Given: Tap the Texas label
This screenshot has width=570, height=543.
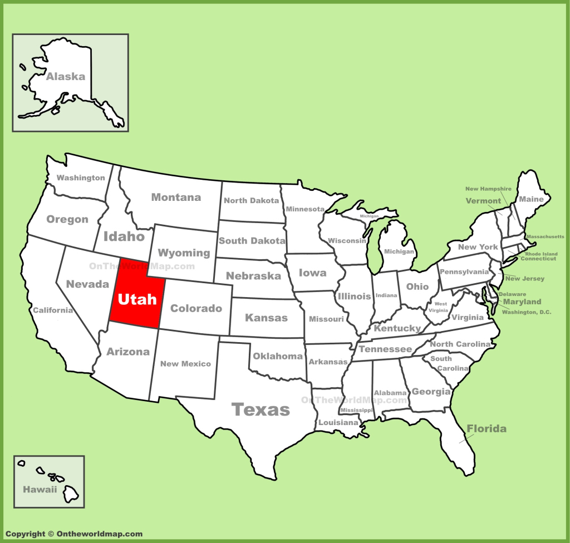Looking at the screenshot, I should [x=261, y=410].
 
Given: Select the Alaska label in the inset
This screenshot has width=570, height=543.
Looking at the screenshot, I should [x=66, y=77].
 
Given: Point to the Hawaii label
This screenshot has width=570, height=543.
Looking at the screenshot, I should [x=40, y=490].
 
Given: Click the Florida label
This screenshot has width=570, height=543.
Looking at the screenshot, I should [x=487, y=429].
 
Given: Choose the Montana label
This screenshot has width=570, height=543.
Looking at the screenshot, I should [x=176, y=198].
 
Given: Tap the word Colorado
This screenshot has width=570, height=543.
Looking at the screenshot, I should [x=196, y=308].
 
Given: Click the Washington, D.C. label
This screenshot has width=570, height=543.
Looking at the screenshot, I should [x=526, y=312].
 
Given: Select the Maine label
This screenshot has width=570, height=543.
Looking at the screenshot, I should [x=531, y=199].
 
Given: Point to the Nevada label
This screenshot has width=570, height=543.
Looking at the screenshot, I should [x=87, y=284].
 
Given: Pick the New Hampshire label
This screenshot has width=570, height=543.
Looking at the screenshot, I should [x=488, y=189].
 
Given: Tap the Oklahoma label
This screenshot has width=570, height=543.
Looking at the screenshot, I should [x=278, y=356].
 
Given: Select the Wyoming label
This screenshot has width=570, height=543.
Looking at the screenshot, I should [x=184, y=253].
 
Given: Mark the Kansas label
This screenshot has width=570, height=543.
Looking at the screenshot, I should [x=267, y=318].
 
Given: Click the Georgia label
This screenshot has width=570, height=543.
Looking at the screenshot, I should [x=431, y=392].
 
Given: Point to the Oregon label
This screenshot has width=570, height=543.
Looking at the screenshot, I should [x=67, y=219].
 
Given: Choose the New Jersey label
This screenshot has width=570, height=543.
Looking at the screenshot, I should [x=524, y=278].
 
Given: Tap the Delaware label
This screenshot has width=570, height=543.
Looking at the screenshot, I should [x=512, y=294].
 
